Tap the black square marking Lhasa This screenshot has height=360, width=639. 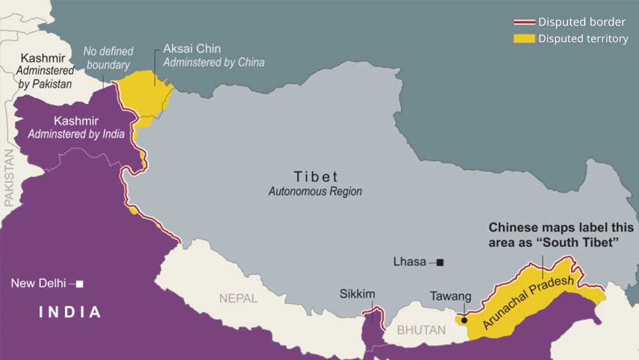pyautogui.click(x=440, y=262)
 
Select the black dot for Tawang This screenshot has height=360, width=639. pyautogui.click(x=464, y=320)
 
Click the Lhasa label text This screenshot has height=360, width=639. pyautogui.click(x=410, y=262)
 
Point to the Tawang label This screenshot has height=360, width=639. pyautogui.click(x=450, y=296)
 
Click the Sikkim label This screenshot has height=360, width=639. pyautogui.click(x=357, y=294)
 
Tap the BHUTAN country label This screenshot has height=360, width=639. pyautogui.click(x=421, y=331)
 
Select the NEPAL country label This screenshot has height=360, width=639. pyautogui.click(x=238, y=298)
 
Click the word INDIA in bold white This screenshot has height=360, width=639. pyautogui.click(x=70, y=313)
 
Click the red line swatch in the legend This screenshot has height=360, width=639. pyautogui.click(x=524, y=23)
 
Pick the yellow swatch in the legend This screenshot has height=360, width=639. pyautogui.click(x=524, y=39)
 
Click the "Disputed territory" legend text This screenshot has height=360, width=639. pyautogui.click(x=583, y=39)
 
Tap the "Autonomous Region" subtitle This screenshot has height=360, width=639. pyautogui.click(x=315, y=191)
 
